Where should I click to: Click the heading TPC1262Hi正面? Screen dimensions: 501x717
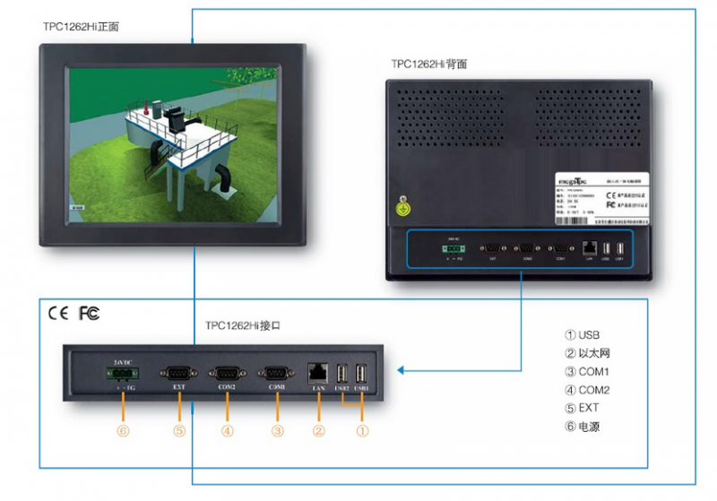coord(81,27)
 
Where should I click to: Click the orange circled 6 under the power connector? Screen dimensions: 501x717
coord(123,430)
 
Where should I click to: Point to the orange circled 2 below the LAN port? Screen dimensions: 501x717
coord(318,430)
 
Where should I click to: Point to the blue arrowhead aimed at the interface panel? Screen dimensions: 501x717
coord(402,370)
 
